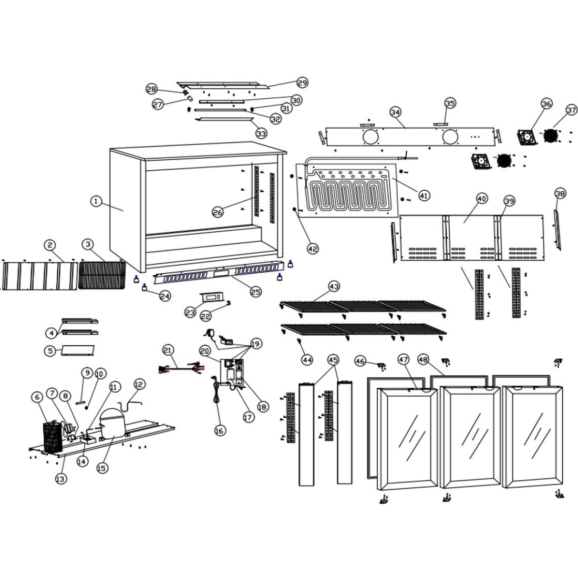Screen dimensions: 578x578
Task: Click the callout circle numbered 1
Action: (96, 201)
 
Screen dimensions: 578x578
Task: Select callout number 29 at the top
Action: (302, 82)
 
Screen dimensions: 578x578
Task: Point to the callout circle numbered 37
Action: (571, 110)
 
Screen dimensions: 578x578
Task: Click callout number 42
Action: (313, 249)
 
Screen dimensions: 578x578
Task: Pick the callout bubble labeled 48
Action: (424, 360)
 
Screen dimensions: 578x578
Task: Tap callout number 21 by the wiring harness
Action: (168, 350)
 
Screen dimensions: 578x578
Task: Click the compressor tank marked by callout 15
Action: (111, 422)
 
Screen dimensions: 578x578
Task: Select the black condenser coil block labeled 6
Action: (53, 437)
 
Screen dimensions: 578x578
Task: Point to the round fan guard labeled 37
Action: (550, 135)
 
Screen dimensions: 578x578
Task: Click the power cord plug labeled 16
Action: (215, 399)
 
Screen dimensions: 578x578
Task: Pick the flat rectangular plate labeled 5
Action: (77, 349)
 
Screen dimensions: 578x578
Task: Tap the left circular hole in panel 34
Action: (370, 137)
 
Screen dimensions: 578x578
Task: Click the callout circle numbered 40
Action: (482, 199)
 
